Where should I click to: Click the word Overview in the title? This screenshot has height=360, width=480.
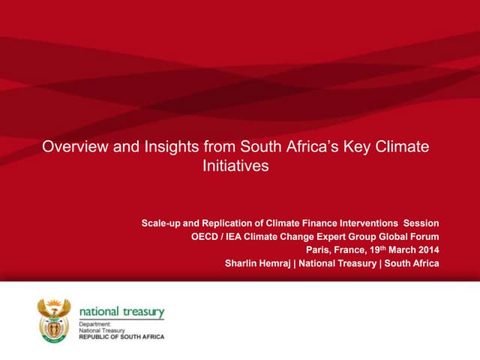(73, 147)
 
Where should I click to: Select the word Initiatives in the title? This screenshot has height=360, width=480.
(235, 166)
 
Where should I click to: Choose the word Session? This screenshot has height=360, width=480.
(421, 223)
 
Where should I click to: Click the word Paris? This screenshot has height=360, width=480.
(319, 250)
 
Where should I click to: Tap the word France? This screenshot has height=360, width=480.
(352, 250)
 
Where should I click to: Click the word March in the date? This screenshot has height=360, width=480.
(397, 250)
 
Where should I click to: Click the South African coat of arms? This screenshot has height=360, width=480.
(54, 319)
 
